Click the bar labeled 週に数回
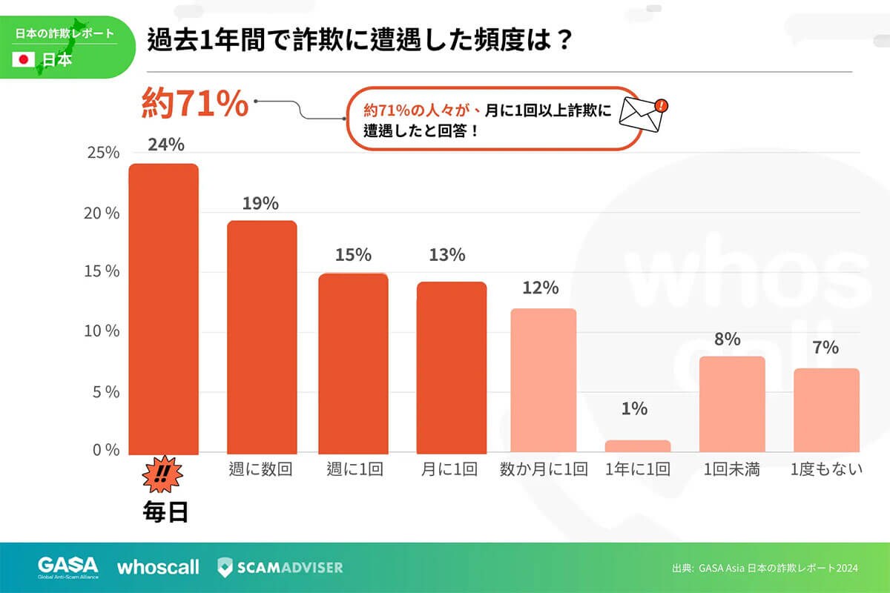tap(261, 337)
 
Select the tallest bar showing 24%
tap(163, 308)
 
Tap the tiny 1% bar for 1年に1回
tap(638, 446)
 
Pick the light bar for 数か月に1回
tap(544, 380)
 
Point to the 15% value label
tap(352, 255)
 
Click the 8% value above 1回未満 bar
tap(727, 339)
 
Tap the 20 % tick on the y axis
tap(102, 213)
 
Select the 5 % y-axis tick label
tap(104, 391)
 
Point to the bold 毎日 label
tap(164, 511)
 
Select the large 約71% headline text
tap(194, 104)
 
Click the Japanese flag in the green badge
tap(24, 59)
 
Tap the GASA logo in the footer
tap(67, 567)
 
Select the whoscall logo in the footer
tap(158, 567)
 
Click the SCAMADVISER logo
tap(280, 567)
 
